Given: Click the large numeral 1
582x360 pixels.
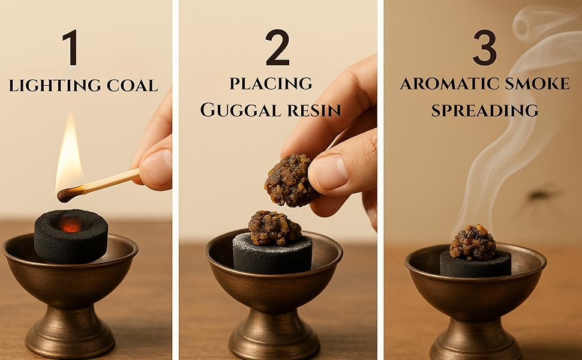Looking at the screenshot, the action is click(x=71, y=47).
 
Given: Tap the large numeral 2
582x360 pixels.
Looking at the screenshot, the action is click(x=278, y=47).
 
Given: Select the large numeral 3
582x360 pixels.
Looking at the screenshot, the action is click(x=485, y=47).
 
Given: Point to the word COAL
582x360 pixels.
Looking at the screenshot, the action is click(x=133, y=85).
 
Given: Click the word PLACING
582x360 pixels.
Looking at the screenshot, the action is click(x=271, y=83).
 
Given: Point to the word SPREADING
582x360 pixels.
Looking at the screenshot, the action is click(x=485, y=110).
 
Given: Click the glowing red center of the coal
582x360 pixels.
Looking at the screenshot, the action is click(x=71, y=224).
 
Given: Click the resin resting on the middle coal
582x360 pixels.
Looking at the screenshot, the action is click(x=274, y=227).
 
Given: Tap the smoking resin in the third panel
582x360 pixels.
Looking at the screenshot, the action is click(x=473, y=242).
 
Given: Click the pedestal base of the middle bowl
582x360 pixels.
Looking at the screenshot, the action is click(x=274, y=334).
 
